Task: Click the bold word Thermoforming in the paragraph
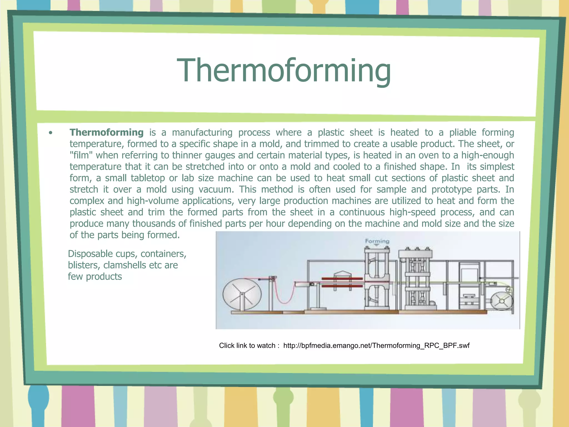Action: tap(106, 132)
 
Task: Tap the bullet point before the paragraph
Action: tap(50, 133)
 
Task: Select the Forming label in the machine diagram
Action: tap(377, 241)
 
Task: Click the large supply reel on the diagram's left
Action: tap(242, 294)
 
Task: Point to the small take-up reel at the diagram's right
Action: tap(501, 301)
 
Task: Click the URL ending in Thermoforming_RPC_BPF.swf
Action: tap(376, 346)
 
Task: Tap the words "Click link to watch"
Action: tap(247, 346)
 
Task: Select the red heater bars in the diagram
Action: tap(342, 282)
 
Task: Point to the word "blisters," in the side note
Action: tap(84, 265)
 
